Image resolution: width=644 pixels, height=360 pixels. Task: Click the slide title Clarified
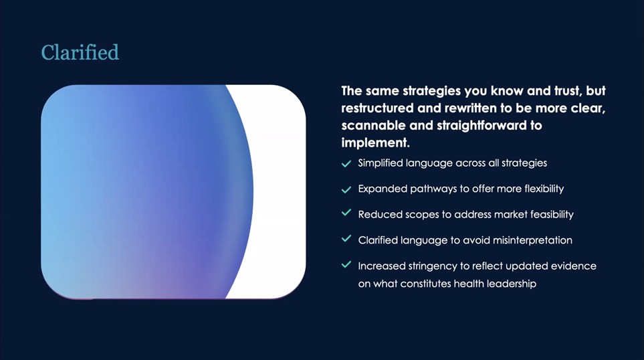coord(80,53)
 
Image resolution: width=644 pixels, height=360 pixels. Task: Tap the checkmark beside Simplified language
coord(346,163)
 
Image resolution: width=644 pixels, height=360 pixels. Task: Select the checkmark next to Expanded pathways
coord(346,189)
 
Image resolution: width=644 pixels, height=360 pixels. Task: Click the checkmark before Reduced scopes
coord(346,213)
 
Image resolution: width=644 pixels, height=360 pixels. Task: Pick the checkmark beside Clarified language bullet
coord(346,238)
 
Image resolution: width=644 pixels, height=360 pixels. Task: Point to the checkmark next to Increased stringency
coord(346,264)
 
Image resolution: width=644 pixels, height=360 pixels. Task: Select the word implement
coord(375,143)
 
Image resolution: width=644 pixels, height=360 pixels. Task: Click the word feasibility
coord(552,215)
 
